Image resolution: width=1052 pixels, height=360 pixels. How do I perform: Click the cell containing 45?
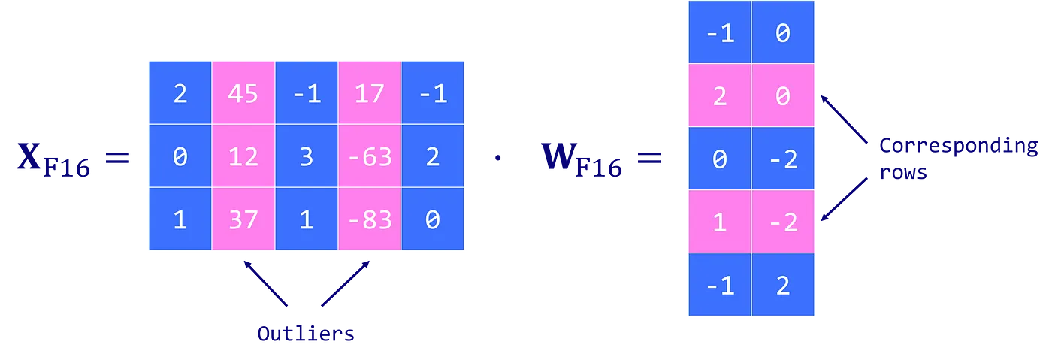coord(243,93)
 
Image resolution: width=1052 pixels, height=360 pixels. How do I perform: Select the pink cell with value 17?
coord(369,93)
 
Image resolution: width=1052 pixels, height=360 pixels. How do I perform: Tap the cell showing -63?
coord(369,156)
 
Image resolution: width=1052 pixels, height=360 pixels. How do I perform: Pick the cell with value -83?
coord(369,219)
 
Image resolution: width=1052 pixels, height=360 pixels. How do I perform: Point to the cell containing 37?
coord(243,219)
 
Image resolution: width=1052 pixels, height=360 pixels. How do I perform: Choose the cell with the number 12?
coord(243,156)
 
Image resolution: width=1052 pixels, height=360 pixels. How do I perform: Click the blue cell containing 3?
coord(306,156)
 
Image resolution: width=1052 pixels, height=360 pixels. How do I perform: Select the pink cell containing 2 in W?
coord(719,95)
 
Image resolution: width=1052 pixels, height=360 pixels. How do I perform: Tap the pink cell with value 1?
coord(719,222)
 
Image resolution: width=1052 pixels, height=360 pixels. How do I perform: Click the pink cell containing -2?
coord(783,222)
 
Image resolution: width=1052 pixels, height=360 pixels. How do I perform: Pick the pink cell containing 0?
coord(783,95)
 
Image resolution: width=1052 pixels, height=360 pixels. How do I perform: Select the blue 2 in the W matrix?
coord(783,285)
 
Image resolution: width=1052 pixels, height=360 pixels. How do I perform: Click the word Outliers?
coord(304,334)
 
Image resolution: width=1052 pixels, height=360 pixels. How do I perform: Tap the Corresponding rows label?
coord(957,159)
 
